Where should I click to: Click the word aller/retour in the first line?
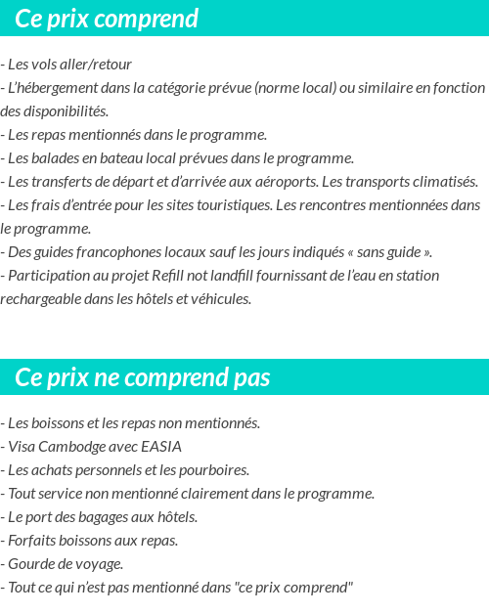tap(97, 65)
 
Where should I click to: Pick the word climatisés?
tap(441, 182)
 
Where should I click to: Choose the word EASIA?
tap(161, 447)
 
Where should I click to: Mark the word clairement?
tap(211, 494)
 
